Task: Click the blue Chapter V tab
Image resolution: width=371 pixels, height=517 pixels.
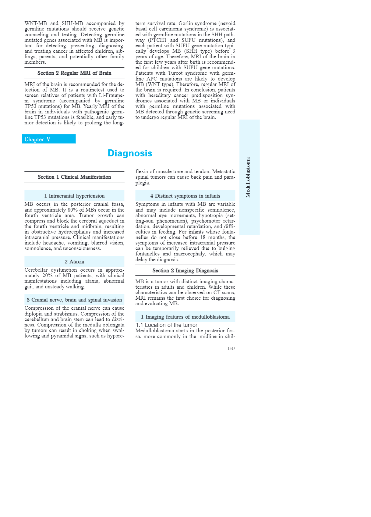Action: pos(48,139)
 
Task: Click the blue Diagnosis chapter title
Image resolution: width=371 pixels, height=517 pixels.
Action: pos(130,153)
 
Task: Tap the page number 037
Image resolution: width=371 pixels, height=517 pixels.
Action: pos(231,348)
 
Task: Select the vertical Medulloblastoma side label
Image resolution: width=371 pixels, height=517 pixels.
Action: pos(248,177)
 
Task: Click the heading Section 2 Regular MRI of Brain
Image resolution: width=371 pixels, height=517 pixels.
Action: pos(74,73)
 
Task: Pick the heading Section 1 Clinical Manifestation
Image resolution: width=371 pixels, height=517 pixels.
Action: pos(74,177)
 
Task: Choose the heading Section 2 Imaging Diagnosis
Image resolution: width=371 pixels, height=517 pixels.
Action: pos(185,271)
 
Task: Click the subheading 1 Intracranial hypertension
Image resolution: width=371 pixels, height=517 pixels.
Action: pos(74,196)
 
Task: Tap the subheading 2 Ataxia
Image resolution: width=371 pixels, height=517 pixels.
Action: pos(74,262)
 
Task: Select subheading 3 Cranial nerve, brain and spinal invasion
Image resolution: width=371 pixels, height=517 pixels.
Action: pos(74,300)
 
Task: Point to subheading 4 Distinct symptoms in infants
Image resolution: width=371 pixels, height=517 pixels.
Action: pos(185,196)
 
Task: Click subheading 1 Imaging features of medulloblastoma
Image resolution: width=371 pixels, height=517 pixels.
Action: pos(185,317)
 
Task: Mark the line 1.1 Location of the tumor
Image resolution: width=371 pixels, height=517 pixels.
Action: pos(166,325)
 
